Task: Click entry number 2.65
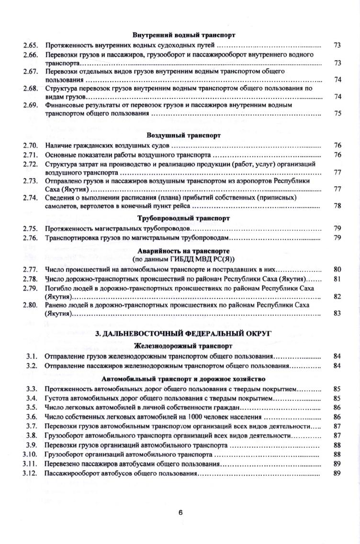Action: tap(30, 45)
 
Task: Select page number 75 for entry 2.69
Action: tap(337, 113)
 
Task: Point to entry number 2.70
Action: tap(30, 145)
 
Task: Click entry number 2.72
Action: tap(30, 164)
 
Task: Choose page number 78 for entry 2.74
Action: tap(337, 206)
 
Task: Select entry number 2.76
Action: tap(30, 238)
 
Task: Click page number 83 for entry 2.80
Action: tap(337, 313)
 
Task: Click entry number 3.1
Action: tap(32, 356)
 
